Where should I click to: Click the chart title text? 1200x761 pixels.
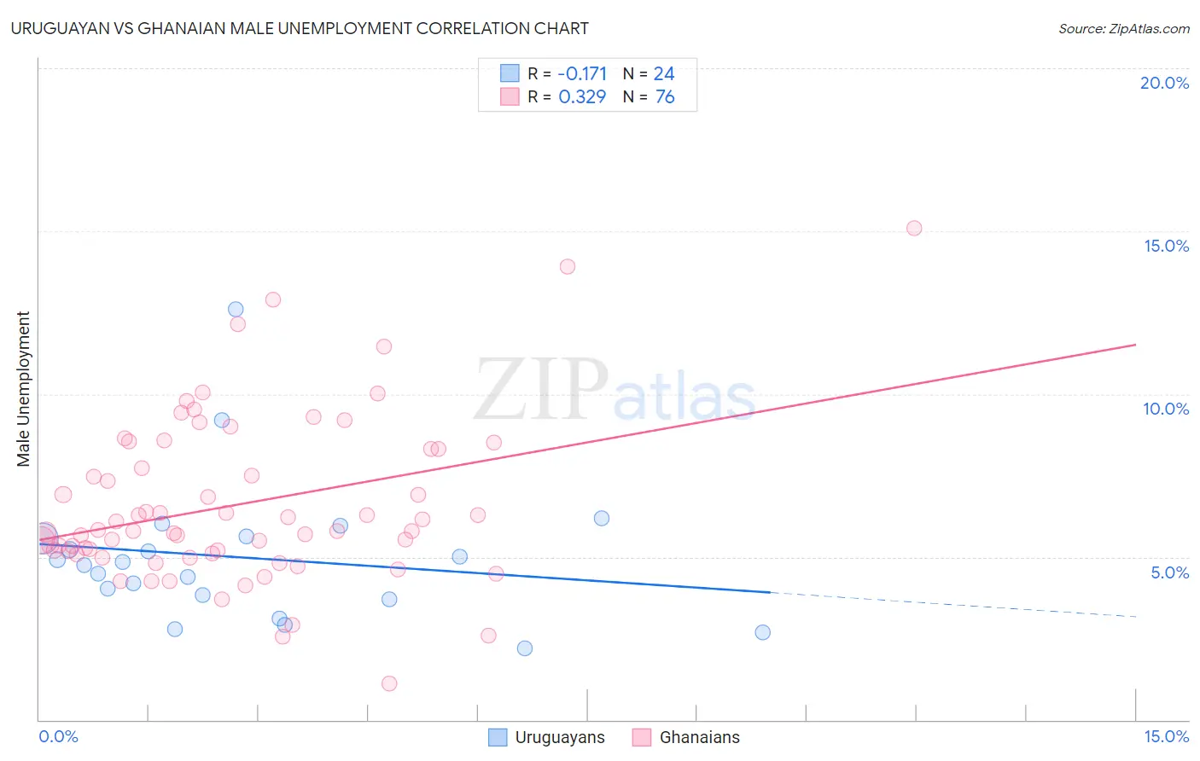coord(300,28)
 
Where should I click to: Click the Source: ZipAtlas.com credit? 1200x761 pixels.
coord(1123,28)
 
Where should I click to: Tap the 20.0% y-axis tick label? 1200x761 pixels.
coord(1164,83)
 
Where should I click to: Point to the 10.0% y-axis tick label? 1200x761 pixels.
coord(1165,409)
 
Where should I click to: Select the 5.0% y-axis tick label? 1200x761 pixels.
coord(1169,572)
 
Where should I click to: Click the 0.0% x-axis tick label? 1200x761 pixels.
coord(58,737)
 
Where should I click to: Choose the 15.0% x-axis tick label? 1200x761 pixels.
coord(1166,737)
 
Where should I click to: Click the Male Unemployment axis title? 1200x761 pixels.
coord(23,389)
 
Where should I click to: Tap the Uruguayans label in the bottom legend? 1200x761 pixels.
coord(560,738)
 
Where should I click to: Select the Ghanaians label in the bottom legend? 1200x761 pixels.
coord(700,738)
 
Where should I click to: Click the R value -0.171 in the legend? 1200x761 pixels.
coord(582,74)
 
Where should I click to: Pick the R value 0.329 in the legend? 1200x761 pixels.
coord(582,97)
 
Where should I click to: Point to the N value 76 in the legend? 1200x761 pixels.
coord(665,97)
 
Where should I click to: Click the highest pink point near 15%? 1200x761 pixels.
coord(914,228)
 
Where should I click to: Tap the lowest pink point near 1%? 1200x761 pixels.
coord(389,683)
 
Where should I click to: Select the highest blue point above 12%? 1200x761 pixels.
coord(236,310)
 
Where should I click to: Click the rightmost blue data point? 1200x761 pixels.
coord(763,632)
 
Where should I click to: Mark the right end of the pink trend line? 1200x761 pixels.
coord(1136,344)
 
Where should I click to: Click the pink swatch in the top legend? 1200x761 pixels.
coord(510,96)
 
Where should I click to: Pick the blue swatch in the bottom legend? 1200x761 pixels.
coord(498,737)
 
